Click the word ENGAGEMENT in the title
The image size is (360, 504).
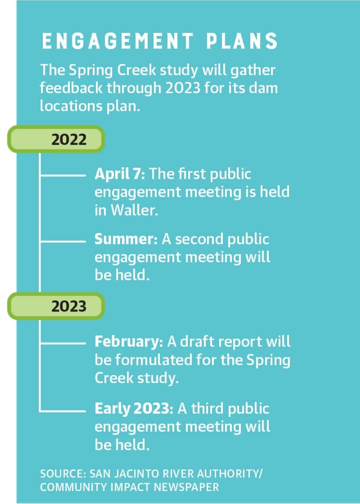click(x=117, y=41)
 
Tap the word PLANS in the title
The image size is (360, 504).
click(x=242, y=41)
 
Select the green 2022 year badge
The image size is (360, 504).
click(x=56, y=139)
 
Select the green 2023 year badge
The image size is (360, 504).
click(x=56, y=306)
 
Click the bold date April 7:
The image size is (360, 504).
click(x=120, y=174)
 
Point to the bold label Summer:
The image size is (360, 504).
click(x=126, y=239)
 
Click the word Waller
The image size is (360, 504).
click(x=134, y=210)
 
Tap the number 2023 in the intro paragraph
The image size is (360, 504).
click(x=183, y=88)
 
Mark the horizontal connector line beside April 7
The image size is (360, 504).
click(x=63, y=174)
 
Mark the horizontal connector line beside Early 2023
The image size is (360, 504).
click(x=63, y=411)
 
